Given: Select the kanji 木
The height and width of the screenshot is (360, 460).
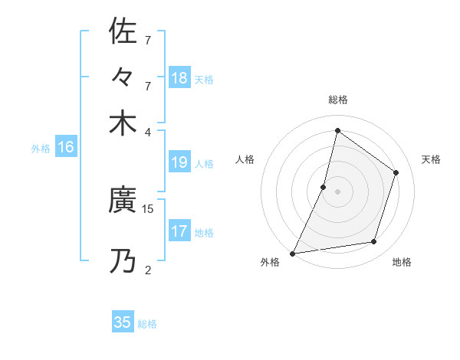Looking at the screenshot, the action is pos(123,123).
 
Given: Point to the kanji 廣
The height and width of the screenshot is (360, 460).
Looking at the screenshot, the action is pos(123,201).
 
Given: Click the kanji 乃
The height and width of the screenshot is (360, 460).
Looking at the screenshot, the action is pos(123,261).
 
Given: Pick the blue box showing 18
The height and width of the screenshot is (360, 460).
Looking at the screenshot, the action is pos(179,77).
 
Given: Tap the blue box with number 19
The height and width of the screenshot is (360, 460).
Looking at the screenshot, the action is pos(179,162).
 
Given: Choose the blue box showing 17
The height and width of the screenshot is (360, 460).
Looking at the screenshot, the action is pos(179,231).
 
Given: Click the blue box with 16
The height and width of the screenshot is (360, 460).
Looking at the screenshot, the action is pos(66,148).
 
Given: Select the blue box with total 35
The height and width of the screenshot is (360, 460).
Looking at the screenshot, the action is pos(123,322).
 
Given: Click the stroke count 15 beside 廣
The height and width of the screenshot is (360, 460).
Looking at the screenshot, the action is pos(148,208).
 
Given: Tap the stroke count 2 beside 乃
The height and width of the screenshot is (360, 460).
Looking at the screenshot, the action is pos(148,269).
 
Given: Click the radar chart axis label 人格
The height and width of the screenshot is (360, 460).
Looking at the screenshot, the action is pos(245,159).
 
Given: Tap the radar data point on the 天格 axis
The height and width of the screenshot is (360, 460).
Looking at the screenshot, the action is pos(396,172).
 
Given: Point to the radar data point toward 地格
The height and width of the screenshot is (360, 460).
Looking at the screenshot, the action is pos(374,242).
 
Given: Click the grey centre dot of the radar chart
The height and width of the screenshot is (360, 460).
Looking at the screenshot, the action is pos(337,191).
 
